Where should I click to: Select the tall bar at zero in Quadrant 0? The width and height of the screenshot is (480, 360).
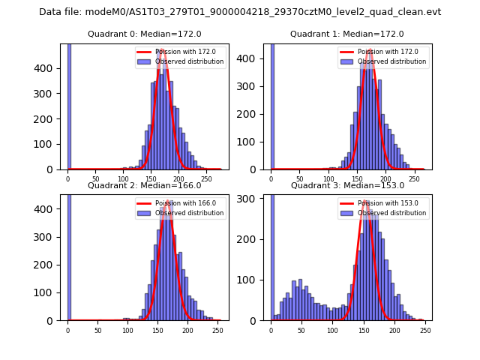(68, 106)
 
